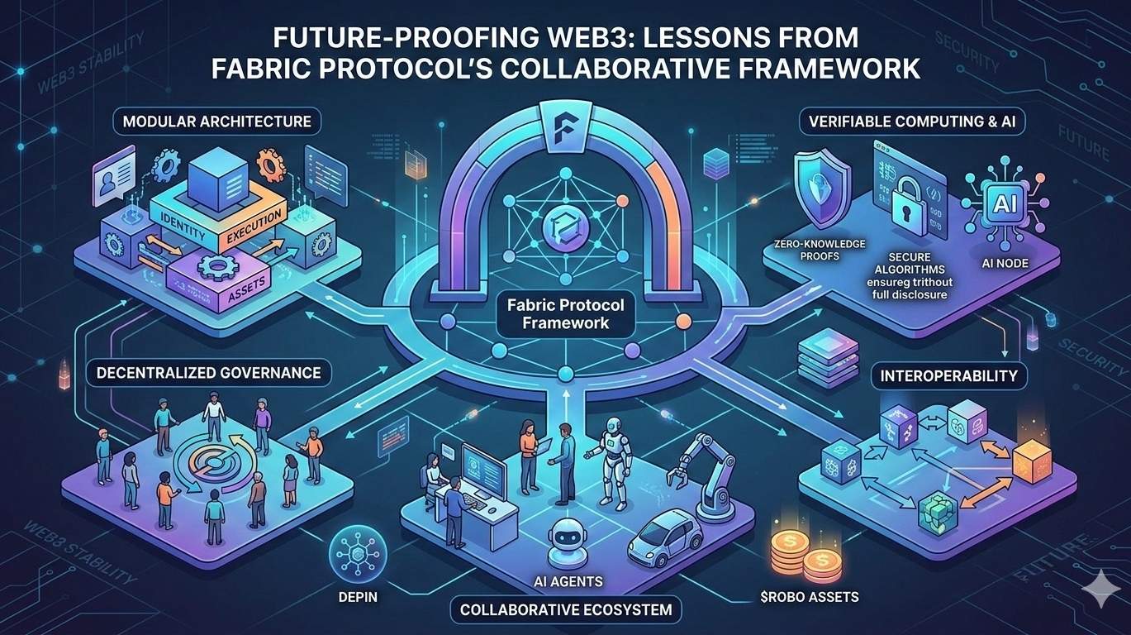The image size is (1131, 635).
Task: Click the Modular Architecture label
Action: pyautogui.click(x=216, y=122)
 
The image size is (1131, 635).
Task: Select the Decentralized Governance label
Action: pyautogui.click(x=208, y=373)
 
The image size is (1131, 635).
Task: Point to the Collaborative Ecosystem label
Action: pyautogui.click(x=566, y=611)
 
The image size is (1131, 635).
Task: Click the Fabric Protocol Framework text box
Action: pyautogui.click(x=566, y=315)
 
